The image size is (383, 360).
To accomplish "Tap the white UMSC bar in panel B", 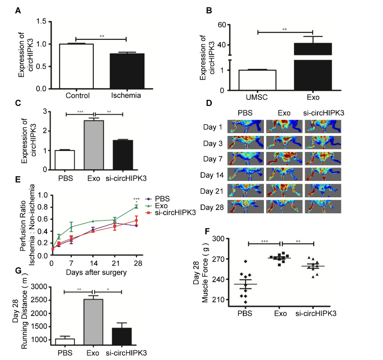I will click(257, 80).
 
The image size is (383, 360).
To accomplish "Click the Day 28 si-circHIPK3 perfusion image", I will click(322, 207).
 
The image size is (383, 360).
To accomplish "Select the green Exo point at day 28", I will click(136, 206).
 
